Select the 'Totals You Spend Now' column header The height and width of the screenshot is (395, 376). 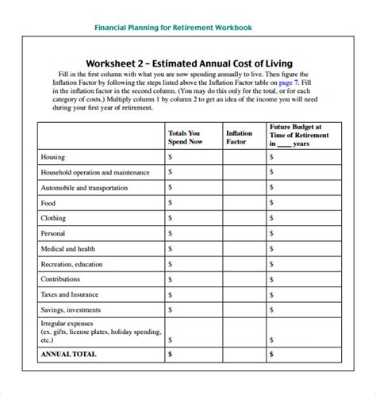(184, 138)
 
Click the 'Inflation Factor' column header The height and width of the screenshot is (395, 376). (240, 138)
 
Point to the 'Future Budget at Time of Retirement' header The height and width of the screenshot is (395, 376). (295, 135)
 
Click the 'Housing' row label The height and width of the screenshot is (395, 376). (53, 157)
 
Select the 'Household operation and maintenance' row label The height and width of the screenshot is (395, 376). (94, 172)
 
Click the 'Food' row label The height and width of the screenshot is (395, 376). (48, 203)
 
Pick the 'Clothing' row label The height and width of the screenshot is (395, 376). (53, 218)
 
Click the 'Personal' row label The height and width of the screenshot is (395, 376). (53, 233)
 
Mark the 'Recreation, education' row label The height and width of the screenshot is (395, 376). (71, 264)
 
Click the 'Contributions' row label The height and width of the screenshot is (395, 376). (60, 279)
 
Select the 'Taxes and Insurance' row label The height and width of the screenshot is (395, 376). (70, 294)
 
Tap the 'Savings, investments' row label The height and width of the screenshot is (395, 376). (71, 309)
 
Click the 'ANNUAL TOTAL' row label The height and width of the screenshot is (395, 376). (67, 354)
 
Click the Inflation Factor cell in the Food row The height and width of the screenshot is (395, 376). (244, 203)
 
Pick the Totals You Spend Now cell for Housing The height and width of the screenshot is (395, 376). (193, 157)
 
